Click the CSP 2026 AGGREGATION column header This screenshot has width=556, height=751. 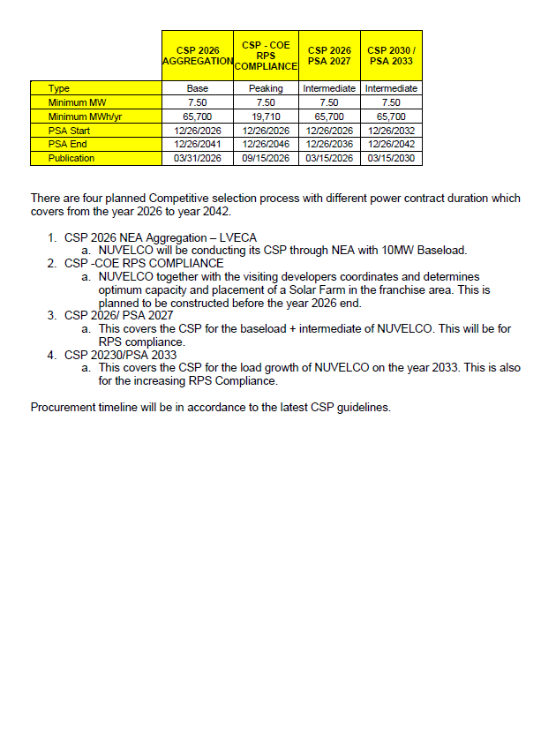click(x=198, y=56)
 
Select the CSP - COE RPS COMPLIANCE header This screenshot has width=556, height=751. click(x=266, y=56)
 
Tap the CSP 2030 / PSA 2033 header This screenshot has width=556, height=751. click(x=391, y=56)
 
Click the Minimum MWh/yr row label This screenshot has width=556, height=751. click(x=80, y=116)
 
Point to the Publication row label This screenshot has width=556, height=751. click(x=71, y=159)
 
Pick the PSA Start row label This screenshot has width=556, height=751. click(x=69, y=131)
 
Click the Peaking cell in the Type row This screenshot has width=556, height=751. click(x=266, y=88)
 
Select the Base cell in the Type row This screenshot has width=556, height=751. click(x=198, y=88)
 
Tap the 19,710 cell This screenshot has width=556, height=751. click(x=266, y=116)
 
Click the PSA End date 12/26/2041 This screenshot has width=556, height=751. click(x=198, y=145)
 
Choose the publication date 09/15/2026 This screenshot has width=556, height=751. click(x=266, y=159)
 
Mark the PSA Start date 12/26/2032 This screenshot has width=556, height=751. click(x=391, y=131)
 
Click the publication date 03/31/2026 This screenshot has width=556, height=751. click(x=198, y=159)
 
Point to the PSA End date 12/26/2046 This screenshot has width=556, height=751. click(x=266, y=145)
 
